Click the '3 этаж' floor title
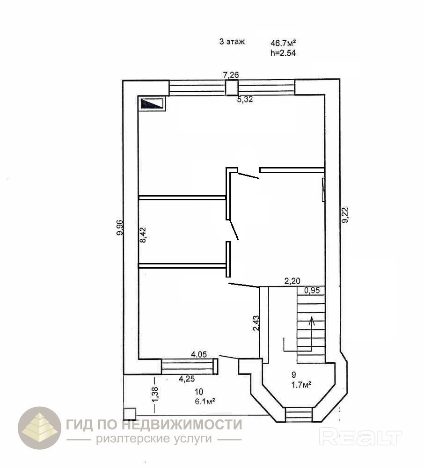[232, 42]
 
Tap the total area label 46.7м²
[283, 43]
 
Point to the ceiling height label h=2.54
[283, 53]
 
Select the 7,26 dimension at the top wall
[231, 74]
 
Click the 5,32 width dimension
[245, 99]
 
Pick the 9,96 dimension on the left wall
[120, 227]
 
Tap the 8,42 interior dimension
[143, 234]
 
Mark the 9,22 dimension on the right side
[345, 215]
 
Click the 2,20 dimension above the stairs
[292, 281]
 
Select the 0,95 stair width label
[312, 290]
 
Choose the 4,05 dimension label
[199, 355]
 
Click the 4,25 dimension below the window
[187, 379]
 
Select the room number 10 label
[199, 392]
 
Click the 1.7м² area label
[301, 385]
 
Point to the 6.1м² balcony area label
[205, 402]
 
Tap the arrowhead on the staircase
[312, 320]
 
